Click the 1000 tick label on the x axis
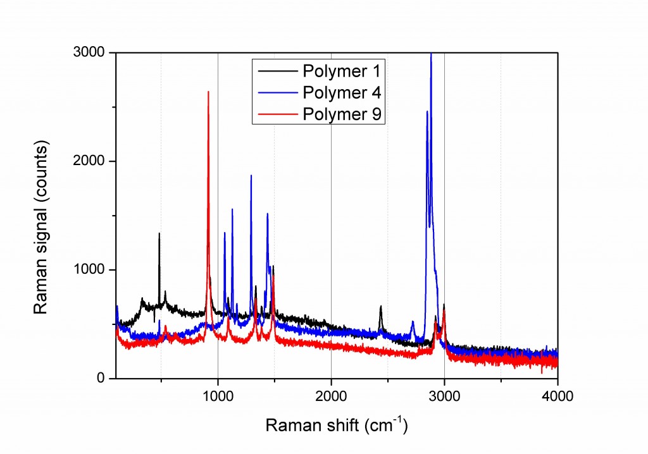[x=218, y=397]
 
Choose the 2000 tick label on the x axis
[x=331, y=397]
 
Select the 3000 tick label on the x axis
[x=444, y=397]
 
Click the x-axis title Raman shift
[x=336, y=425]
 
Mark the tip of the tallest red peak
[x=208, y=92]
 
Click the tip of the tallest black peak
[x=159, y=233]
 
